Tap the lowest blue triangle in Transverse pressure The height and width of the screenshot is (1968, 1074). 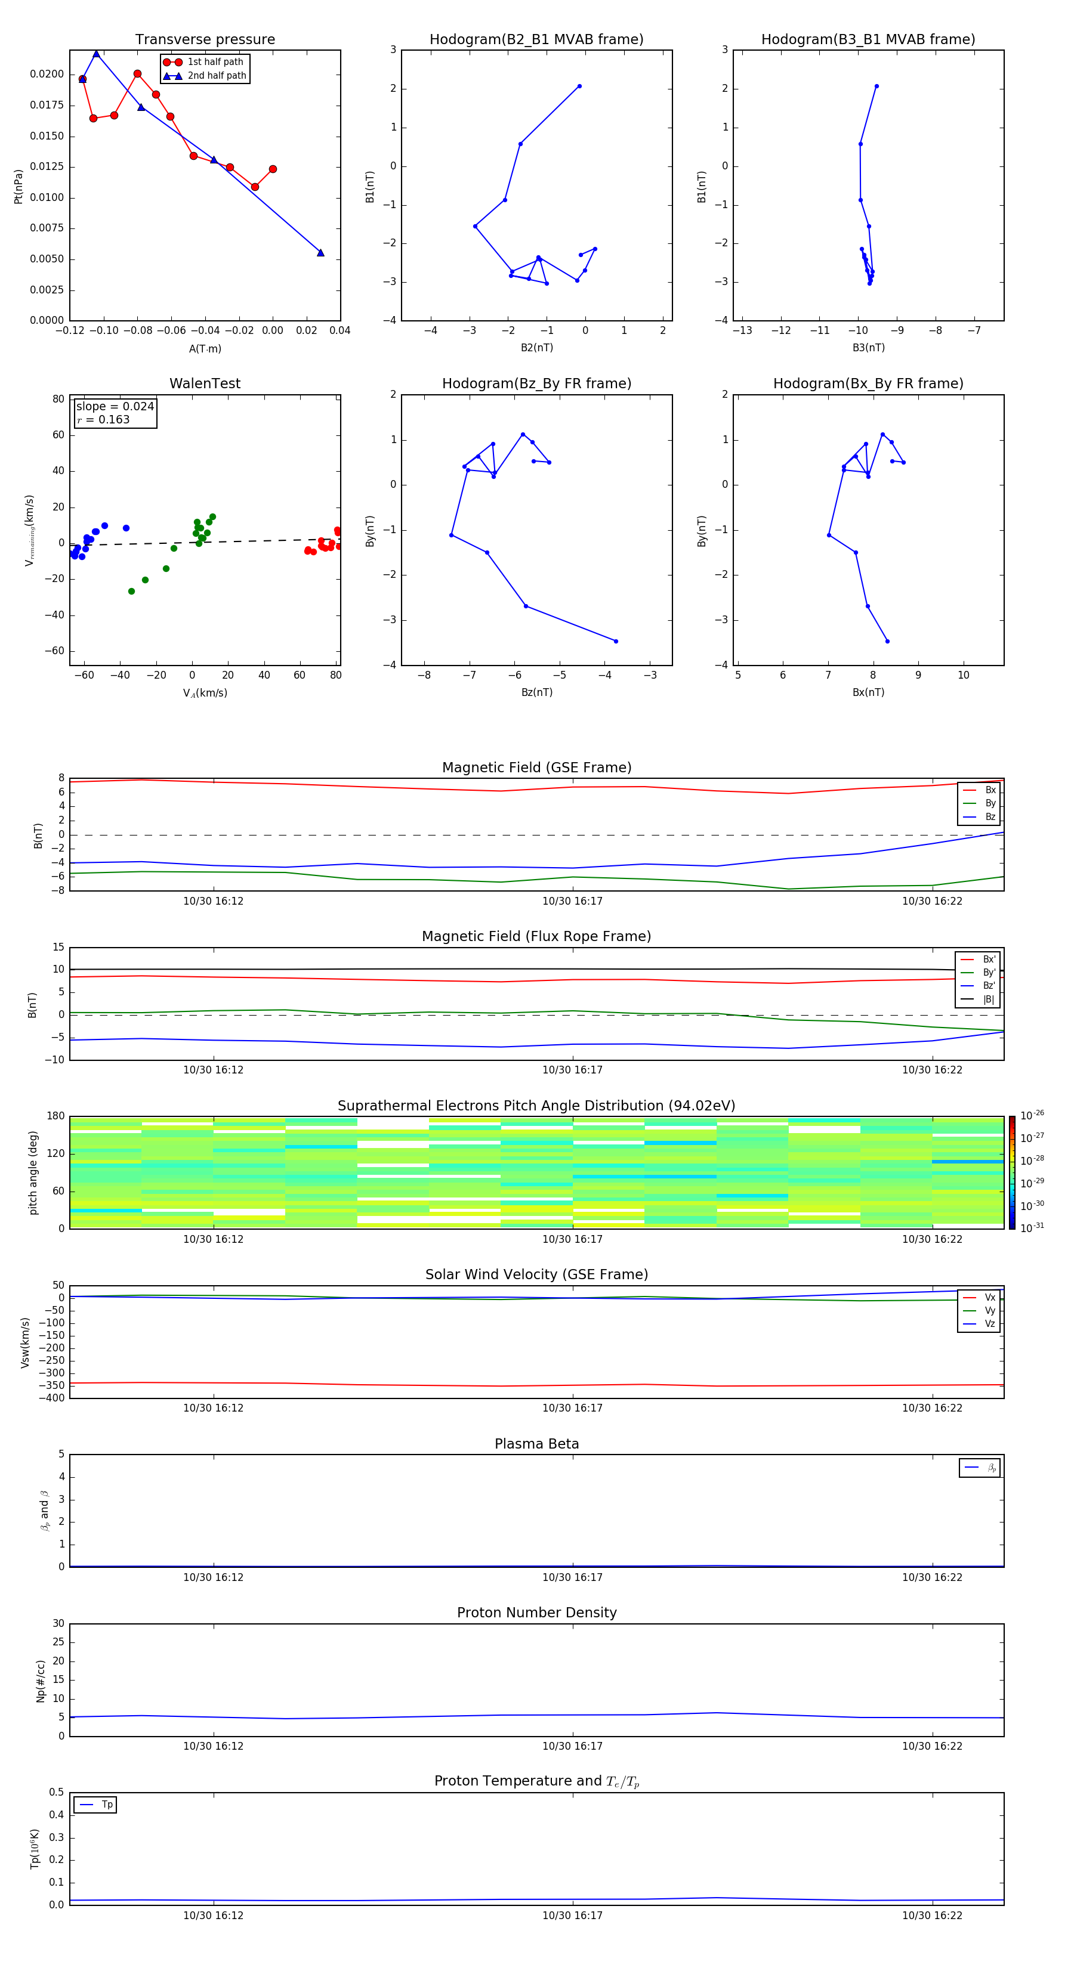320,253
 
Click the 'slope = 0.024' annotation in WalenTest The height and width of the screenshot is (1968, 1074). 115,407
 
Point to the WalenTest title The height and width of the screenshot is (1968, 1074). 205,383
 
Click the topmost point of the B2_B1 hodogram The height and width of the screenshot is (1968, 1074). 579,86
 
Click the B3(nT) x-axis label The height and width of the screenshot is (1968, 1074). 868,348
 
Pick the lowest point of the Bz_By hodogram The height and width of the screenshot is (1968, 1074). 616,641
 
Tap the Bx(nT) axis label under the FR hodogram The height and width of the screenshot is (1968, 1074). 868,692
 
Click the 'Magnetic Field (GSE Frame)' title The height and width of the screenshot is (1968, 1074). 536,768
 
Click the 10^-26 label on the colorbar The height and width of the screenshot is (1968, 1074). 1032,1115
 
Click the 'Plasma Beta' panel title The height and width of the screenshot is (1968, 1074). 536,1444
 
